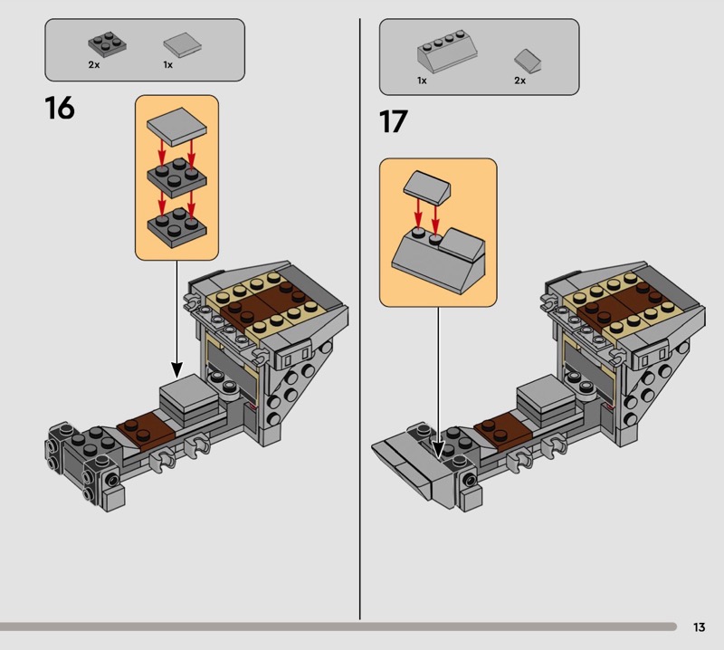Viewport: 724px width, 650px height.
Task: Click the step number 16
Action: [x=60, y=108]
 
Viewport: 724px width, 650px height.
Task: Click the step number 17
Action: [x=394, y=121]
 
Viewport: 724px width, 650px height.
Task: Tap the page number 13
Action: [x=699, y=626]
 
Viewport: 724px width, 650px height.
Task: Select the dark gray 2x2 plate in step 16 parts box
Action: [x=108, y=43]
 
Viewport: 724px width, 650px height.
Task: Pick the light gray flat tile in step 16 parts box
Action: [x=183, y=44]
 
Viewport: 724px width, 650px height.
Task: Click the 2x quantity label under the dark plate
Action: [x=94, y=65]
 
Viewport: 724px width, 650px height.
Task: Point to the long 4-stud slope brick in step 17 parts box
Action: [x=447, y=51]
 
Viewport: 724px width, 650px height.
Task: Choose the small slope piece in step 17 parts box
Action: [x=528, y=61]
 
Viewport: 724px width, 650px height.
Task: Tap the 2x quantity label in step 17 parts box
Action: [x=519, y=81]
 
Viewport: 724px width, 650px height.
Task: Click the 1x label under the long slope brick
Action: [x=422, y=81]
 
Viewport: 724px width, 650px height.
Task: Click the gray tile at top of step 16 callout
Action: [x=176, y=127]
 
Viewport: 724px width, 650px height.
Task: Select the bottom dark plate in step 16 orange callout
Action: [x=176, y=227]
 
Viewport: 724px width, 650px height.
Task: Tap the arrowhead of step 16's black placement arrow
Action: [x=176, y=369]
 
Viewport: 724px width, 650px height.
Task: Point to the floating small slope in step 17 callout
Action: [x=427, y=187]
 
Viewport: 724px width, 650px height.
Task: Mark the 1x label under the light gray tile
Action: [x=168, y=65]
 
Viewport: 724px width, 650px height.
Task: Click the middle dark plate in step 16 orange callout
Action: [x=176, y=177]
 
